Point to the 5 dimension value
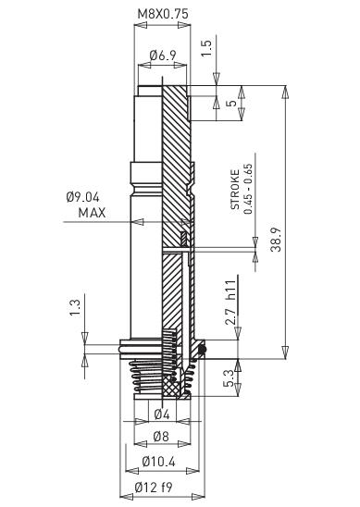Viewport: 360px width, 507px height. [230, 105]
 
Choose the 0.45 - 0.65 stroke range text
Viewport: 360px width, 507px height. [248, 191]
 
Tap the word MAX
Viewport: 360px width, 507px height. [93, 212]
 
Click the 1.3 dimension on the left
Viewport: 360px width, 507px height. [75, 306]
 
